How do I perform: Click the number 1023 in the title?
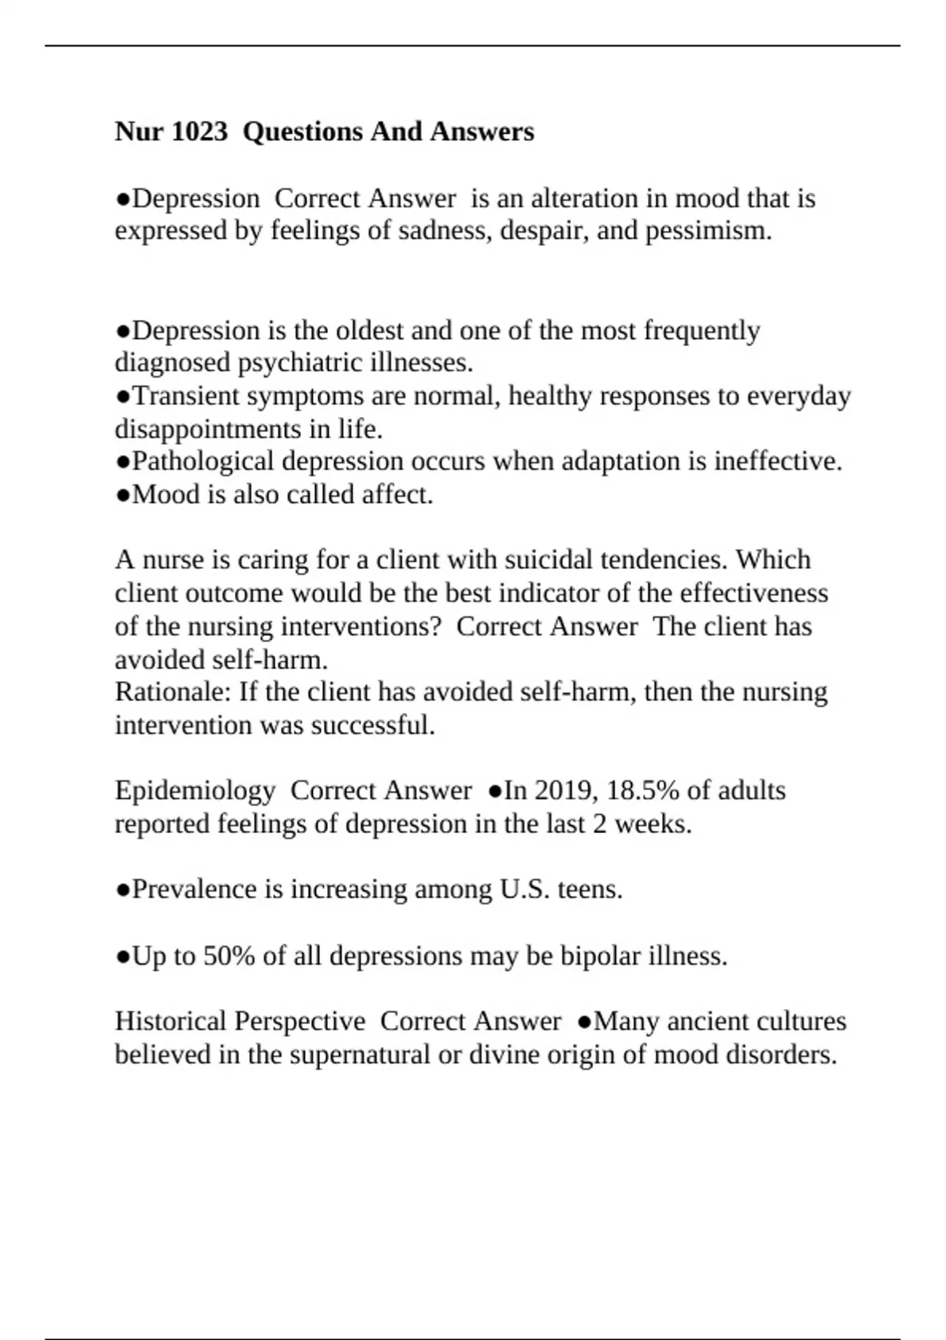(199, 132)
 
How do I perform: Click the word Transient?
(185, 396)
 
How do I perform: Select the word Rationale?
(173, 692)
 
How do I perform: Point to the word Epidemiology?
(195, 791)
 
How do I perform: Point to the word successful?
(373, 725)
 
